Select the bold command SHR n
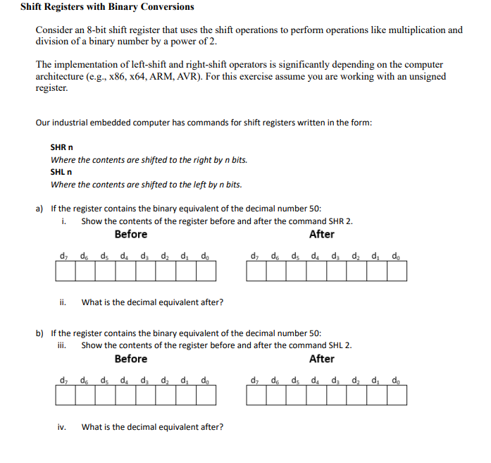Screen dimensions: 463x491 point(62,147)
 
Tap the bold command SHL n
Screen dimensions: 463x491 point(61,172)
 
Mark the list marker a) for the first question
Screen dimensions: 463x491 point(40,209)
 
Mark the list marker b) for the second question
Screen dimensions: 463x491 point(40,333)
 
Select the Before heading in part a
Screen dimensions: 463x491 point(131,234)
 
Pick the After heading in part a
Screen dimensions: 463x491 point(322,234)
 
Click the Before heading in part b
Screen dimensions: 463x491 point(131,359)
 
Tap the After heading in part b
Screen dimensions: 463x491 point(322,359)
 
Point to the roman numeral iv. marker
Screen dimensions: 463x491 point(63,427)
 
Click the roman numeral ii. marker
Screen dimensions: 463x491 point(63,302)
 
